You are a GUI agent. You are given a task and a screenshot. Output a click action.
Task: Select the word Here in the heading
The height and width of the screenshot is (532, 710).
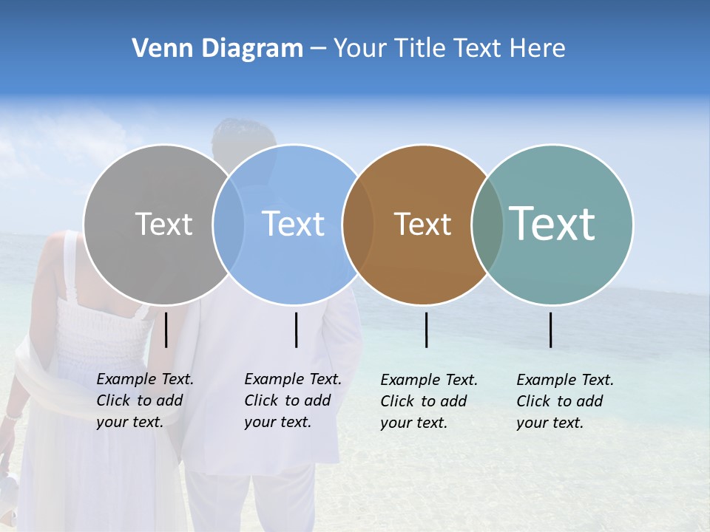(539, 49)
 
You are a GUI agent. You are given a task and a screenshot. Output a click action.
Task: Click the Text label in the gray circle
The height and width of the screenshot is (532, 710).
(163, 224)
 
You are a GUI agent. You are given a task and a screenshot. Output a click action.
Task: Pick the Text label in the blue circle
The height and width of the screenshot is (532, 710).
(293, 224)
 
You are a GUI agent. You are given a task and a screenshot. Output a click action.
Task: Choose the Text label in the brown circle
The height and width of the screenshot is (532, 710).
(422, 224)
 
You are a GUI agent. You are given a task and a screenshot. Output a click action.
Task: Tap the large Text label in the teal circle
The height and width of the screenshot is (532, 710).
(552, 224)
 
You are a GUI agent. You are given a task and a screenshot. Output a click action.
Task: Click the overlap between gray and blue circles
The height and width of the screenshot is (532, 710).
(229, 224)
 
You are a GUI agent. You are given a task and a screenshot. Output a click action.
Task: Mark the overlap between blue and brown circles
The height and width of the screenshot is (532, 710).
(358, 224)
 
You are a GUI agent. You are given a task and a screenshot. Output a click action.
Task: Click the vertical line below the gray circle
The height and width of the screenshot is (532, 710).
(166, 330)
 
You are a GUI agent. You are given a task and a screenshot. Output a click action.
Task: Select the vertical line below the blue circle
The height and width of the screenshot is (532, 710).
(296, 330)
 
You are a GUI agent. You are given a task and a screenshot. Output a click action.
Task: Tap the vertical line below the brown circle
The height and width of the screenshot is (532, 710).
(426, 330)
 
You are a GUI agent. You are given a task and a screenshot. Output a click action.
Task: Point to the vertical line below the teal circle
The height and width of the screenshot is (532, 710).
(550, 330)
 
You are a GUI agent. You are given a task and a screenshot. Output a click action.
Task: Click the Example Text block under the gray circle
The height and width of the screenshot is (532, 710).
(145, 400)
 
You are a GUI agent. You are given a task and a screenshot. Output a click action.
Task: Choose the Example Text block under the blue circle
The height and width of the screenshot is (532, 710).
(293, 400)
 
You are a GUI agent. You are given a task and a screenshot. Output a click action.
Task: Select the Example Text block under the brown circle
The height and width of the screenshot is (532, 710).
(429, 401)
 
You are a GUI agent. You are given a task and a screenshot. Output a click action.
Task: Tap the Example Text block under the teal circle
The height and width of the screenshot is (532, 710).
(565, 401)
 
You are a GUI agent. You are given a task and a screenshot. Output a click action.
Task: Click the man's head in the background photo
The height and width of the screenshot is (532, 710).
(244, 140)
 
